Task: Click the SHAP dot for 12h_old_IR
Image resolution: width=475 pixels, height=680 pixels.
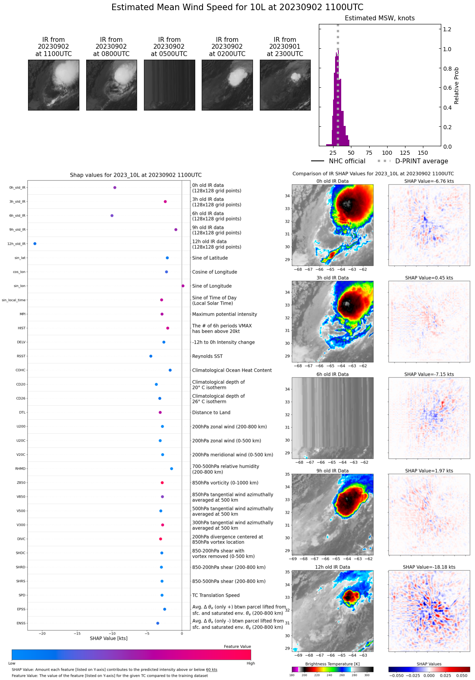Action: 35,244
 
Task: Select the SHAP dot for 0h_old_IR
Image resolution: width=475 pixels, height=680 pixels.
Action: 115,188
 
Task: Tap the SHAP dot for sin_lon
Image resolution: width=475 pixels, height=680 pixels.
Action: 183,286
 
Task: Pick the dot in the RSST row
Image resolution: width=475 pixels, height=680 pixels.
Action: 151,356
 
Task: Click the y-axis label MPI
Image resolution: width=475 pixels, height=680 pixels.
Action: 22,314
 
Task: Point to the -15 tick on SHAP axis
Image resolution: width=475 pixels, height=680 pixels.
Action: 77,634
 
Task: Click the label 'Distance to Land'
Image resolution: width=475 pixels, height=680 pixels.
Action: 211,413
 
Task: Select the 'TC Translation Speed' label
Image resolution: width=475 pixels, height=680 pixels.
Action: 216,596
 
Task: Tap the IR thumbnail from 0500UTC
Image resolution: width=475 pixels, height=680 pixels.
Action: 169,85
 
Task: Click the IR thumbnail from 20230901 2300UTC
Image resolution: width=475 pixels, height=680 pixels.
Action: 285,85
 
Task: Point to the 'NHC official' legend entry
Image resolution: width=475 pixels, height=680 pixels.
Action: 347,161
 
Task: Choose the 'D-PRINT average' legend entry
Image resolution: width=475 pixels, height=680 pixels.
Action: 421,161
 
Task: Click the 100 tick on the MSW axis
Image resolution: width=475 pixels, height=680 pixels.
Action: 387,153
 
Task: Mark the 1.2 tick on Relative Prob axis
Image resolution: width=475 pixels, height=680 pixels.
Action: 447,29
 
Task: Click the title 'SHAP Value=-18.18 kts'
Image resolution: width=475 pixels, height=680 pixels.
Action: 429,567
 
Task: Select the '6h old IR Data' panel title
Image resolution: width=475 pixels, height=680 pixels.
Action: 332,375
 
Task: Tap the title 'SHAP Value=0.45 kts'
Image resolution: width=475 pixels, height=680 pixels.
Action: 429,278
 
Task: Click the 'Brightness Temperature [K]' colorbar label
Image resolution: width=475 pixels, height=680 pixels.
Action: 332,664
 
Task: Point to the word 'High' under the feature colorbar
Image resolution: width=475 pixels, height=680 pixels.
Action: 251,663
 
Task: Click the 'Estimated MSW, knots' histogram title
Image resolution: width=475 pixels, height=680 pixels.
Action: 379,18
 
